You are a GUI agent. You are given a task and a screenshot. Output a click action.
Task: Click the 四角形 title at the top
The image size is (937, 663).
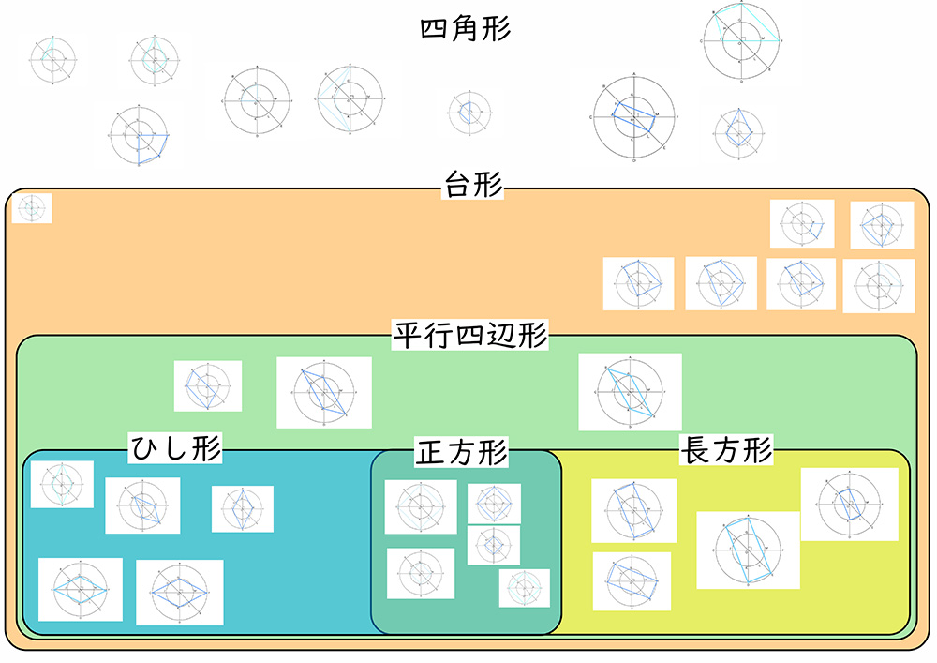coord(466,29)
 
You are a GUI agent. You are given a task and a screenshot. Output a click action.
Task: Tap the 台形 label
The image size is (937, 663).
coord(472,188)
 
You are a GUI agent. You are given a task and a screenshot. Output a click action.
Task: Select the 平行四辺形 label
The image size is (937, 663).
coord(469,335)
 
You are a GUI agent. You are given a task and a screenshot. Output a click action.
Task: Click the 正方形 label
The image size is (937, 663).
coord(460,453)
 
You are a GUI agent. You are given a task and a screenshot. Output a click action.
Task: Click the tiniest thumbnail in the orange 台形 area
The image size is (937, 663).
coord(31,208)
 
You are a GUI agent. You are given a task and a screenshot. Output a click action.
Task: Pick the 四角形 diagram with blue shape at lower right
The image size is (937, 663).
coord(139,136)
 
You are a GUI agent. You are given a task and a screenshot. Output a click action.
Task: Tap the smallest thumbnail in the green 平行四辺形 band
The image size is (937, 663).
coord(207,385)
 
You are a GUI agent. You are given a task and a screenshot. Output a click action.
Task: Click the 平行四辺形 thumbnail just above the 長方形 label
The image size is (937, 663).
coord(629,391)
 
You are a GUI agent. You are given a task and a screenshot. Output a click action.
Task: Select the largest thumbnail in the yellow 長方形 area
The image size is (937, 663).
coord(747,550)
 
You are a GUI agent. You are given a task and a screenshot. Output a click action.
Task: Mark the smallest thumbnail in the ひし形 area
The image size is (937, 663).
coord(62,484)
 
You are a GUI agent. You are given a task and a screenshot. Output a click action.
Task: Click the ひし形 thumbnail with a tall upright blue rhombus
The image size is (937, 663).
coord(242,508)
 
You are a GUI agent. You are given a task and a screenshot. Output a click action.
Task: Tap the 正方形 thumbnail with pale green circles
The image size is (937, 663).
coord(524,588)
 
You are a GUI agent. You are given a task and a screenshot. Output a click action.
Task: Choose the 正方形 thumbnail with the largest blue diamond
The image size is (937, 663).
coord(493,504)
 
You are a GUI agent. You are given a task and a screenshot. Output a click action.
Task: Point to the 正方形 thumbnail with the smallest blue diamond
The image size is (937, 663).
coord(493,545)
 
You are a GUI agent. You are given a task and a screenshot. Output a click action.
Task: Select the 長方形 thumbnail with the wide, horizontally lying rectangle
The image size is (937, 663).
coord(631,581)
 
